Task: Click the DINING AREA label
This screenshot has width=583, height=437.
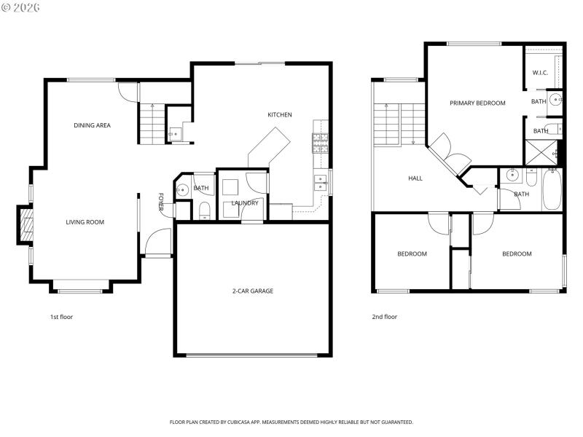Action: click(92, 125)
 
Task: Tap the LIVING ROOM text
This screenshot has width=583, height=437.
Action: click(85, 222)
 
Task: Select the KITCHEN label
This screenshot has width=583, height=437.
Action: click(280, 114)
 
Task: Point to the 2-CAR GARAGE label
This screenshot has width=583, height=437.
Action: click(253, 291)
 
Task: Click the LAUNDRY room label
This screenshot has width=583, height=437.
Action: click(245, 203)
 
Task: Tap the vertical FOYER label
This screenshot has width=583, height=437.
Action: click(161, 203)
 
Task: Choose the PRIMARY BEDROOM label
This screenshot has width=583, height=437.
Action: click(477, 103)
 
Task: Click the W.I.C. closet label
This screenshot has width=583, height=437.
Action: click(540, 73)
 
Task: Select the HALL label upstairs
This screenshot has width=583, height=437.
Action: click(415, 178)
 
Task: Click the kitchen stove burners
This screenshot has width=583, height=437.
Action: click(320, 143)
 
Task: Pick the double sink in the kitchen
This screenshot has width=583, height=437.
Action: click(321, 182)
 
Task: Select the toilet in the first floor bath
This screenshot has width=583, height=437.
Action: click(206, 211)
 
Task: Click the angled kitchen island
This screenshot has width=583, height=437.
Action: click(270, 149)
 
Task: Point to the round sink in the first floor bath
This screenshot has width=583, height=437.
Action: click(182, 190)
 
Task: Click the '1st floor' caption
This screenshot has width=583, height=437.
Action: click(61, 317)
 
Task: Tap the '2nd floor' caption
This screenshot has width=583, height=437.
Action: click(385, 317)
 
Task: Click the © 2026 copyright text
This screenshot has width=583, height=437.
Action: click(21, 7)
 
